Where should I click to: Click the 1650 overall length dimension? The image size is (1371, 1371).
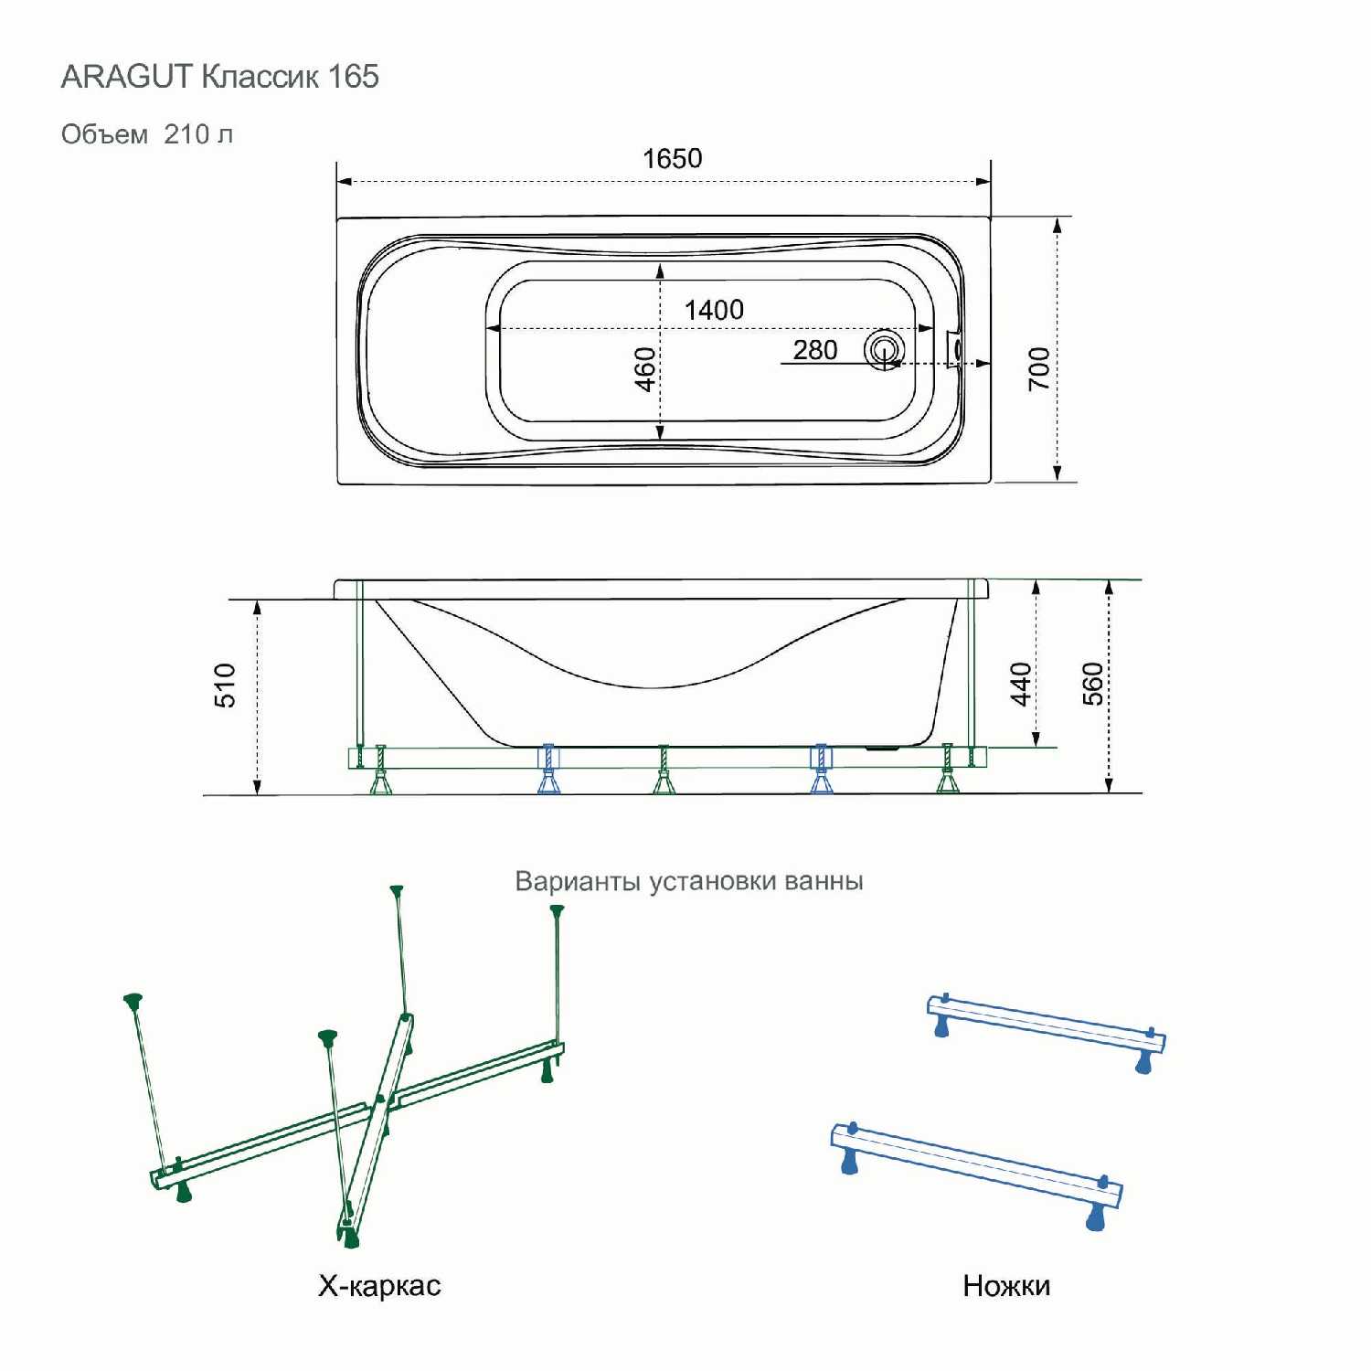tap(672, 158)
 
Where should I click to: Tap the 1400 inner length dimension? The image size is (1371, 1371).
tap(714, 310)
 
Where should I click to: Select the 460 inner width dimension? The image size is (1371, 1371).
tap(645, 369)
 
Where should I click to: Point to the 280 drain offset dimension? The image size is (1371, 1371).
tap(815, 350)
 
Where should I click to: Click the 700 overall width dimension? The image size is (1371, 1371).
tap(1039, 368)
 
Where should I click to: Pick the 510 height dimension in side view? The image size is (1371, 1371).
tap(225, 685)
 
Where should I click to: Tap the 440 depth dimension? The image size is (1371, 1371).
tap(1021, 685)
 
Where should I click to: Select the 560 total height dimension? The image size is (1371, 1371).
tap(1093, 684)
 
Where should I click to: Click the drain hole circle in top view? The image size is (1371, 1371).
tap(884, 350)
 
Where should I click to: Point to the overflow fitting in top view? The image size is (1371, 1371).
tap(955, 348)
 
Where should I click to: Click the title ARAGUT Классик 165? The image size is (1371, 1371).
tap(220, 77)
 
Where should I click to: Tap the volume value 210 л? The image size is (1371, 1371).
tap(198, 134)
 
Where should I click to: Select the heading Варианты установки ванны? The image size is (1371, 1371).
tap(689, 881)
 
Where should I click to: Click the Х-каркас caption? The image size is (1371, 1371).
tap(379, 1286)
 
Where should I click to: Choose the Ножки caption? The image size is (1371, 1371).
tap(1006, 1286)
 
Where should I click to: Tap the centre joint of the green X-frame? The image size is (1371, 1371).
tap(382, 1102)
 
